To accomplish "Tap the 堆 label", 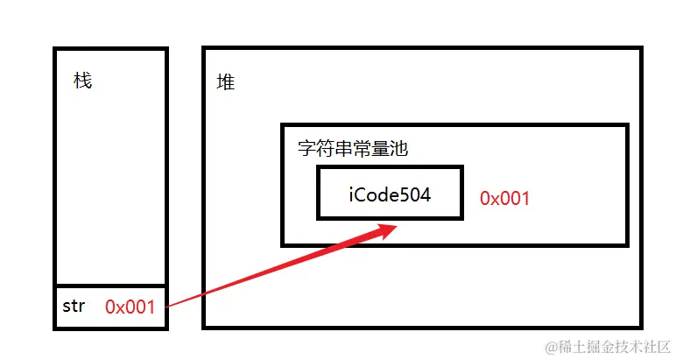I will click(x=226, y=83).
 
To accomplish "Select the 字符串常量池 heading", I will click(x=353, y=149).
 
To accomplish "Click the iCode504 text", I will click(x=390, y=195).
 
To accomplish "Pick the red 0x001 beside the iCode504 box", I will click(x=505, y=198).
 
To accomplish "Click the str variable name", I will click(x=74, y=307).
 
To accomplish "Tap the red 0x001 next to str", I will click(x=130, y=307).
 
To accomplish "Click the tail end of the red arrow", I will click(x=167, y=306).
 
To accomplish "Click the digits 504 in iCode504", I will click(x=417, y=195).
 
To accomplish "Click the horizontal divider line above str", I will click(x=110, y=286).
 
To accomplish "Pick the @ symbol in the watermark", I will click(x=552, y=348).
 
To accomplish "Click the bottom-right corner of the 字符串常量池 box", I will click(x=627, y=244).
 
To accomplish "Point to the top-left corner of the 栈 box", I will click(x=55, y=48).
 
